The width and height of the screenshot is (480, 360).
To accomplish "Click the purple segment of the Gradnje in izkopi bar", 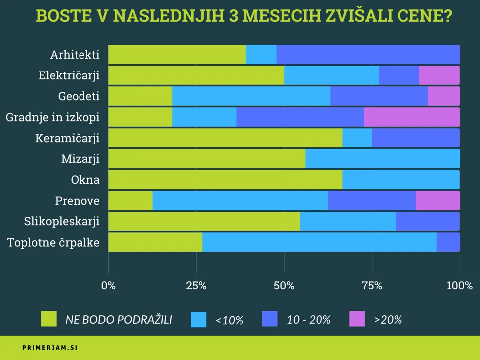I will pyautogui.click(x=411, y=117).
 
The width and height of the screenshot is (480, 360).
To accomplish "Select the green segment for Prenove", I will pyautogui.click(x=130, y=201).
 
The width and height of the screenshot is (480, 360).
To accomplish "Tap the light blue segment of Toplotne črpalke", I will pyautogui.click(x=319, y=242).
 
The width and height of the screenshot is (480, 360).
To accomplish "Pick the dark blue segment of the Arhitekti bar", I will pyautogui.click(x=368, y=54).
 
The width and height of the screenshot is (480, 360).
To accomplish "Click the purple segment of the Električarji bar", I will pyautogui.click(x=439, y=75).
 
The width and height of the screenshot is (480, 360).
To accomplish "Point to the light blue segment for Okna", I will pyautogui.click(x=400, y=180).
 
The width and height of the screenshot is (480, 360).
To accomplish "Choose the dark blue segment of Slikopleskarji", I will pyautogui.click(x=427, y=221).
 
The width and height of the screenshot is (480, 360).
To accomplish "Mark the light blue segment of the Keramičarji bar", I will pyautogui.click(x=357, y=138).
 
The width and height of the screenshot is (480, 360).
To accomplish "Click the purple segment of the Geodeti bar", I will pyautogui.click(x=443, y=96).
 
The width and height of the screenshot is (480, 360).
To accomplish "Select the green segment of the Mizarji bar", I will pyautogui.click(x=207, y=159).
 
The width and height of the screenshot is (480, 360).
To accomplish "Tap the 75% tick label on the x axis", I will pyautogui.click(x=372, y=286).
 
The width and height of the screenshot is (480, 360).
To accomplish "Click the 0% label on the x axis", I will pyautogui.click(x=108, y=286).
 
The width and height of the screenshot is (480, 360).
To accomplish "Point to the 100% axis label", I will pyautogui.click(x=459, y=286).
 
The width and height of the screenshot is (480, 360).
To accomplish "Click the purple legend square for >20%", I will pyautogui.click(x=357, y=319).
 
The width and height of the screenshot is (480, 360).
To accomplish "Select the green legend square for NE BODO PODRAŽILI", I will pyautogui.click(x=49, y=319).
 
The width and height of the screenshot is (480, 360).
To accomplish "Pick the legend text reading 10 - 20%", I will pyautogui.click(x=309, y=320).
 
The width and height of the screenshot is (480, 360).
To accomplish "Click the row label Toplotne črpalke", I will pyautogui.click(x=53, y=243).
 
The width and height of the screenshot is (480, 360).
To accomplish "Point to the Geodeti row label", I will pyautogui.click(x=79, y=96).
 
